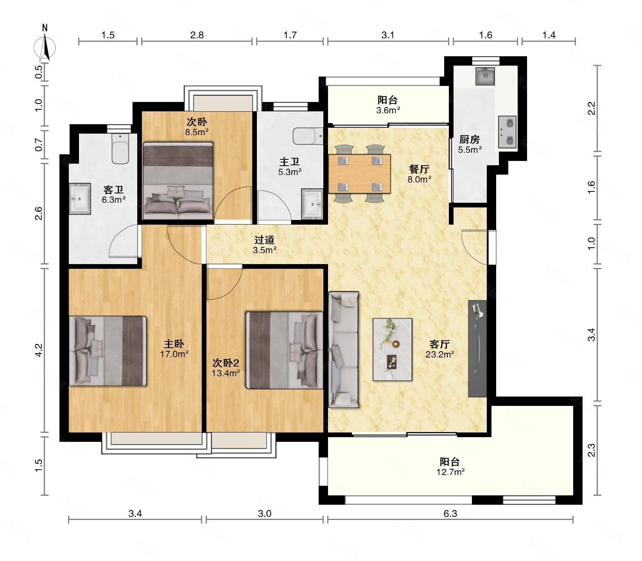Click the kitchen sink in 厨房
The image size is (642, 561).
(x=485, y=76)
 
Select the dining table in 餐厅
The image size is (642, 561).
(x=359, y=173)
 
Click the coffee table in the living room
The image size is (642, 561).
(x=393, y=349)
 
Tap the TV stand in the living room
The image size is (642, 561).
(x=477, y=348)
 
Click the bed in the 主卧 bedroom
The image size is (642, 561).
(x=108, y=351)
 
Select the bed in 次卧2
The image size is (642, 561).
(x=284, y=350)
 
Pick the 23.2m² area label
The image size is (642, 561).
(x=440, y=354)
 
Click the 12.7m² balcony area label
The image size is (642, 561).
(x=450, y=472)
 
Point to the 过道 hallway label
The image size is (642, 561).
(x=265, y=240)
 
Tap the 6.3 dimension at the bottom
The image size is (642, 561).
(x=450, y=513)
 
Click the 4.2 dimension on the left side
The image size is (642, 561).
(x=38, y=350)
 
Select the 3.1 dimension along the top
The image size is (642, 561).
(x=388, y=35)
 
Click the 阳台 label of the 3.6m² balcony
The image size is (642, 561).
(x=388, y=100)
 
